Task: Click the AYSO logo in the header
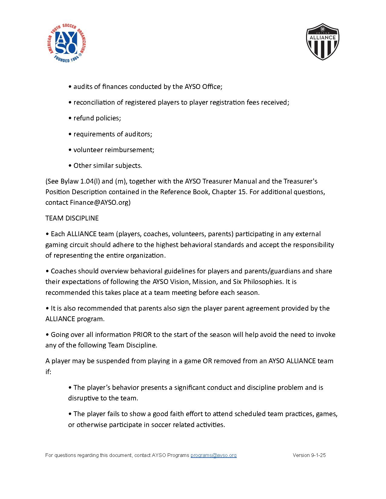point(68,43)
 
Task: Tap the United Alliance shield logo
point(322,42)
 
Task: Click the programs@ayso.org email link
point(213,455)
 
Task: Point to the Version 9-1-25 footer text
point(309,455)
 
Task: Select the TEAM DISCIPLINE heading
point(72,218)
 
